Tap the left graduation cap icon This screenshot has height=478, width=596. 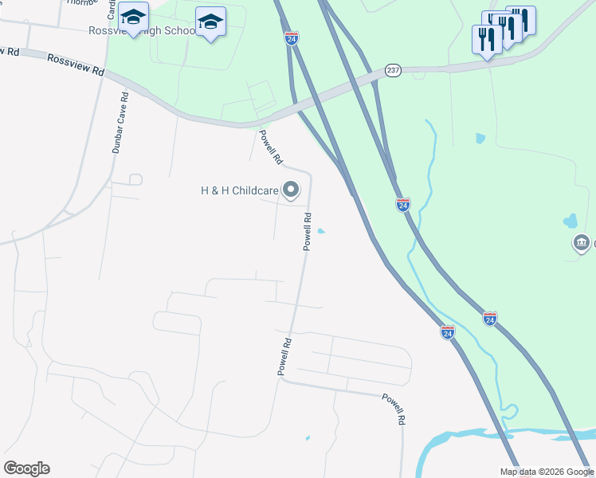coord(133,18)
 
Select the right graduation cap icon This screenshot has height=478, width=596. coord(210,22)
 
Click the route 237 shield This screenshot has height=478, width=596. coord(393,70)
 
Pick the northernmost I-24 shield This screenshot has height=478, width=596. coord(292,38)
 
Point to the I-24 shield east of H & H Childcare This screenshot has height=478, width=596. coord(403,205)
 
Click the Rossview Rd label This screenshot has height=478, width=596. coord(76,65)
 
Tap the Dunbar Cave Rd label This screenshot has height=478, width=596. coord(120,128)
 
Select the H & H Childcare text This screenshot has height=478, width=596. coord(238,190)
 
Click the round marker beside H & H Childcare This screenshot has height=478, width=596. coord(292,190)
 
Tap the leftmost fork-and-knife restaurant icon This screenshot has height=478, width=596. coord(486,38)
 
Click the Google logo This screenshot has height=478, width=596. coord(26,468)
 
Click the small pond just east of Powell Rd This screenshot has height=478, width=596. coord(321,232)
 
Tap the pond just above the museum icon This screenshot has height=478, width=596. coord(570,221)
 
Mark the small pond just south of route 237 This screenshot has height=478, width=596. coord(480,138)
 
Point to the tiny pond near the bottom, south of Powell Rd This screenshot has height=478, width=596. coord(308,437)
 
